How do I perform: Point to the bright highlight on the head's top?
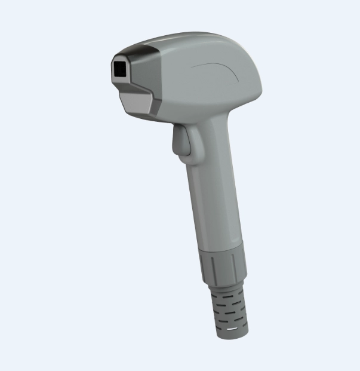pyautogui.click(x=179, y=39)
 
